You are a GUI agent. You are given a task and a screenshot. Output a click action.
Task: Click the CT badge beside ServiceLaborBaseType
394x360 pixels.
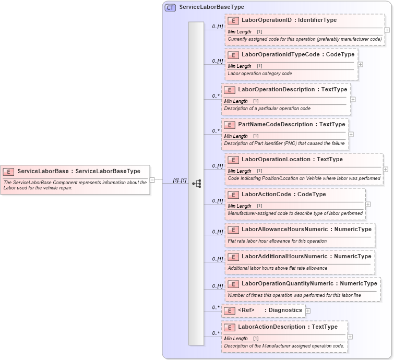pos(170,7)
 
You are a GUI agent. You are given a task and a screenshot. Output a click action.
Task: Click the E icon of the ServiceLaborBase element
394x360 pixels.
pos(9,171)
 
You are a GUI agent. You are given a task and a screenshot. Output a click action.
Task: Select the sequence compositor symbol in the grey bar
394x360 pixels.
pos(196,183)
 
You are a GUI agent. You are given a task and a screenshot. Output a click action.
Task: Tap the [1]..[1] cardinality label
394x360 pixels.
pos(180,180)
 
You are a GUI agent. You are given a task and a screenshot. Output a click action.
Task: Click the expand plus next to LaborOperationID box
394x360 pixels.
pos(387,30)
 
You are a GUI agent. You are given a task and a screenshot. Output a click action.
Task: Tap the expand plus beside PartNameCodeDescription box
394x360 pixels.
pos(351,134)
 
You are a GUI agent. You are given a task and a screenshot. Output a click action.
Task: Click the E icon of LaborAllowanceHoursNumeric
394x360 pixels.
pos(233,230)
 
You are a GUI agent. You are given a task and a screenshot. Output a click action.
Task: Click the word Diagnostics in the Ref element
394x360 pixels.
pos(285,310)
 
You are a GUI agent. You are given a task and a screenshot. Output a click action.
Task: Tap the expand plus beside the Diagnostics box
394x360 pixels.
pos(308,311)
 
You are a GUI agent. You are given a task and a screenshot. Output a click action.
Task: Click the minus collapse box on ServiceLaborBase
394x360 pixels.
pos(152,180)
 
